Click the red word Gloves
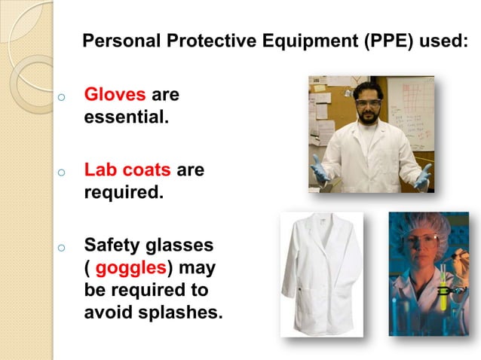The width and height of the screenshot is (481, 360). [x=115, y=96]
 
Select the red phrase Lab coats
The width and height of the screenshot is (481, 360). [x=127, y=170]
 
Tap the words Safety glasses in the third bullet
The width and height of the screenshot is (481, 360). [x=149, y=246]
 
